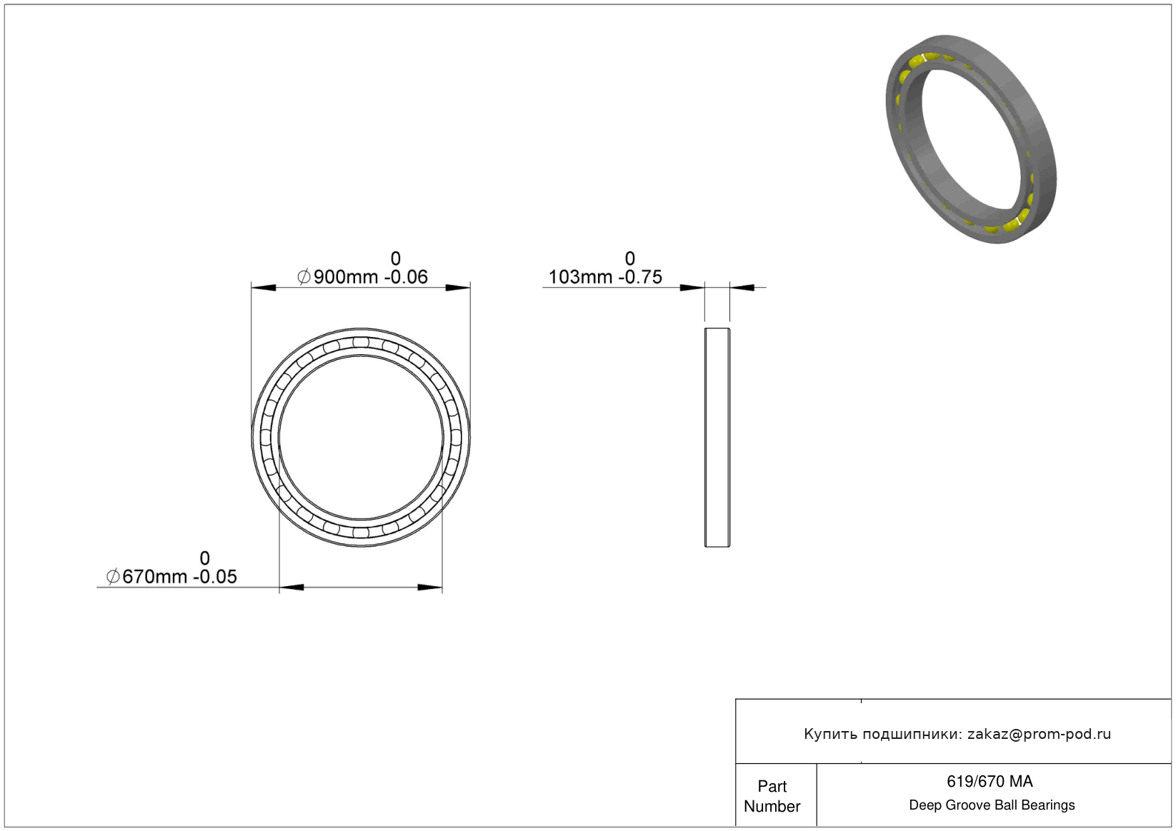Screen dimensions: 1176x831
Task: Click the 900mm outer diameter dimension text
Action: click(346, 277)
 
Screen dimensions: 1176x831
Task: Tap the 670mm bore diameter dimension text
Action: click(154, 577)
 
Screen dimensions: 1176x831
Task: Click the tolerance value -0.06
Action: click(406, 277)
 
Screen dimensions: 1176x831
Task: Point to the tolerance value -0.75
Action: click(640, 277)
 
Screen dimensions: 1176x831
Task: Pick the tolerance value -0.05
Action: click(215, 577)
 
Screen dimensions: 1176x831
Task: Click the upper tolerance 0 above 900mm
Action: click(395, 258)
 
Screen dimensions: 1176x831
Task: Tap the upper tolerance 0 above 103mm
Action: click(630, 258)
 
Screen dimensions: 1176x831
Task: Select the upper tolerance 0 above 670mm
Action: click(205, 558)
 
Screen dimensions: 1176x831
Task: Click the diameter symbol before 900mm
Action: click(304, 277)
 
